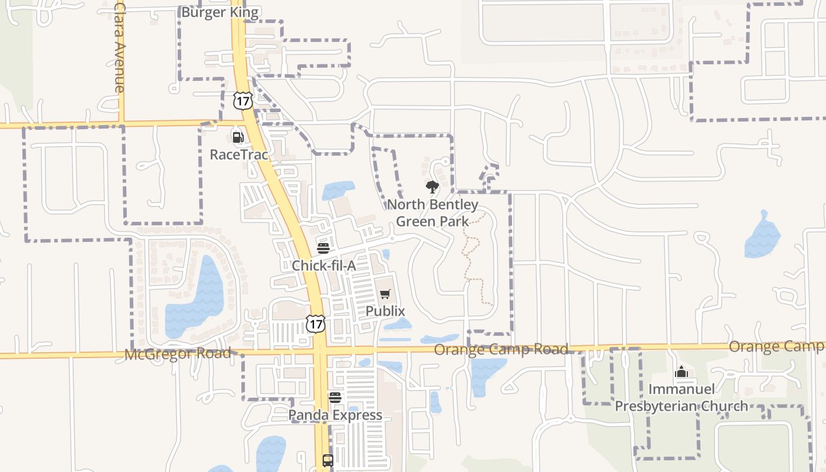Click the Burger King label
(219, 12)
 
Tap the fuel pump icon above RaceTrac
(238, 137)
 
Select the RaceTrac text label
(239, 155)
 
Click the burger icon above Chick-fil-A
(323, 248)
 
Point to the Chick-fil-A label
(324, 265)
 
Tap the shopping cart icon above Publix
(385, 294)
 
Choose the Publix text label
(385, 311)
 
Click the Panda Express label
(335, 415)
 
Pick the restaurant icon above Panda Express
(335, 398)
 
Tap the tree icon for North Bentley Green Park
(432, 188)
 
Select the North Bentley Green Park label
(432, 213)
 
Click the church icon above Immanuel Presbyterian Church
(681, 372)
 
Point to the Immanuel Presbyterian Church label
(681, 398)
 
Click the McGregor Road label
(178, 354)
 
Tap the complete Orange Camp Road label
(501, 349)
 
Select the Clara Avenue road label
(120, 47)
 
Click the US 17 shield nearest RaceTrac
(242, 100)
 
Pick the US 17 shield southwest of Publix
(316, 323)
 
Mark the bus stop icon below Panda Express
(328, 460)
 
